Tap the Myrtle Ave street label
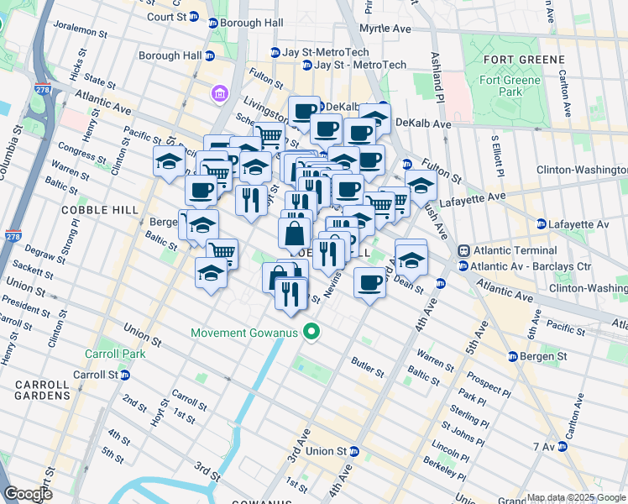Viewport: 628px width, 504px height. tap(385, 29)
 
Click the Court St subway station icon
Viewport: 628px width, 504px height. tap(195, 16)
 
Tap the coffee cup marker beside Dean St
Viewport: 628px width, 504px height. tap(369, 282)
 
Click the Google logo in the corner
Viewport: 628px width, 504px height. tap(27, 494)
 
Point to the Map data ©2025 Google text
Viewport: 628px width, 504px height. tap(576, 497)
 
